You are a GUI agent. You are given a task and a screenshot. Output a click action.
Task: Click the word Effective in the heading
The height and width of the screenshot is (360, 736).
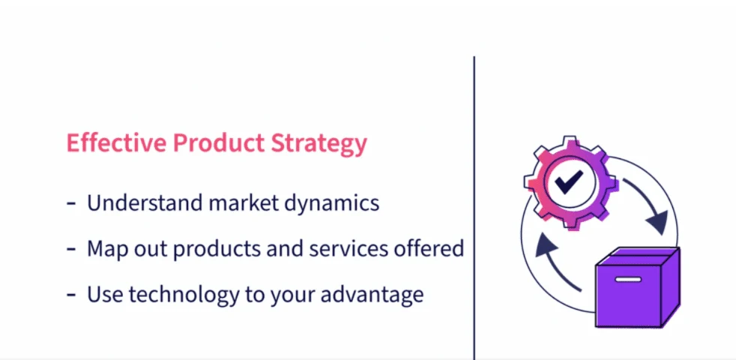coord(116,142)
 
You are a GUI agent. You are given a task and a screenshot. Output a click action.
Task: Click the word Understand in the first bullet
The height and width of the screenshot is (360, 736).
coord(145,202)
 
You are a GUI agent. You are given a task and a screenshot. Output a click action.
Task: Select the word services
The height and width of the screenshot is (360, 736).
coord(347,248)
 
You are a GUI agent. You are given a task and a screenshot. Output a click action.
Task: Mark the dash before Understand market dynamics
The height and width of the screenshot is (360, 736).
coord(71,205)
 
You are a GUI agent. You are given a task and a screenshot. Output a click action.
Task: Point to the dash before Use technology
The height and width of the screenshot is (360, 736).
coord(71,295)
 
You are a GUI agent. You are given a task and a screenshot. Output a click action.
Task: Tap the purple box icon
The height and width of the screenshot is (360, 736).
coord(637,287)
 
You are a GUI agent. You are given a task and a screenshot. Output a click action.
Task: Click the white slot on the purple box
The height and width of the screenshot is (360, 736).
coord(628,280)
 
